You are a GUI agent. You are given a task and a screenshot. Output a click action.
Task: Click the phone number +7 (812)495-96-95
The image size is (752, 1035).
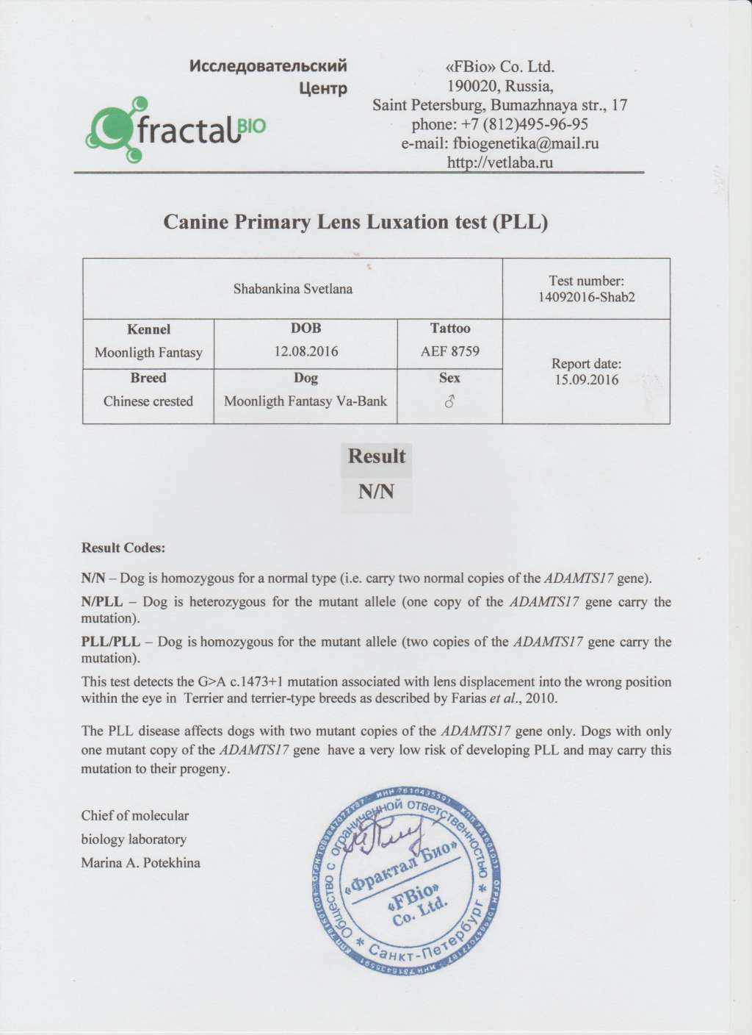[499, 124]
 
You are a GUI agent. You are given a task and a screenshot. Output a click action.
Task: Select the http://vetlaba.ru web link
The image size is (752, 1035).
[499, 162]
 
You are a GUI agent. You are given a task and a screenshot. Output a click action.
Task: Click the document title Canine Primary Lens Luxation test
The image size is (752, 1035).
[355, 222]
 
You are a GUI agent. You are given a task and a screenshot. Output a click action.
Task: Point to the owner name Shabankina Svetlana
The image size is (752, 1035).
[292, 289]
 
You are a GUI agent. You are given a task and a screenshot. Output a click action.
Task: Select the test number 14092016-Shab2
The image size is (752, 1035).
[586, 298]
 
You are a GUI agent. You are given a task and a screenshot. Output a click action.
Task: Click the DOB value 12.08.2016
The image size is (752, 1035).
[305, 351]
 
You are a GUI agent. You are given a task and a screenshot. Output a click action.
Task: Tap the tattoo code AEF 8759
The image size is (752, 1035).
[449, 351]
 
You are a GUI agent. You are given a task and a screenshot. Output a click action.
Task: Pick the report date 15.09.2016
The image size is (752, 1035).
[586, 380]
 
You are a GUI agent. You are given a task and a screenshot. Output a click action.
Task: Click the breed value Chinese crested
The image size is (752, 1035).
[148, 401]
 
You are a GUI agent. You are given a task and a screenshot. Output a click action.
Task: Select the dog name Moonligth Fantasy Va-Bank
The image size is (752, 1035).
[305, 401]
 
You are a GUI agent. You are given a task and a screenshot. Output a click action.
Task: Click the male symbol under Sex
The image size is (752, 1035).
[449, 401]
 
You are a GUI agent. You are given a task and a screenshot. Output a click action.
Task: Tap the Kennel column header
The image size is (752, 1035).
[148, 329]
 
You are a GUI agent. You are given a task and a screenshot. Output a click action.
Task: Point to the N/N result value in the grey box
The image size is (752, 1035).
[376, 492]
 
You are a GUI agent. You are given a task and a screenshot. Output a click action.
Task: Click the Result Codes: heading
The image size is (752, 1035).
[123, 548]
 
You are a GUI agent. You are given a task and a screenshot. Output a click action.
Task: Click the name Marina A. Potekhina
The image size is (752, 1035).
[140, 862]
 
